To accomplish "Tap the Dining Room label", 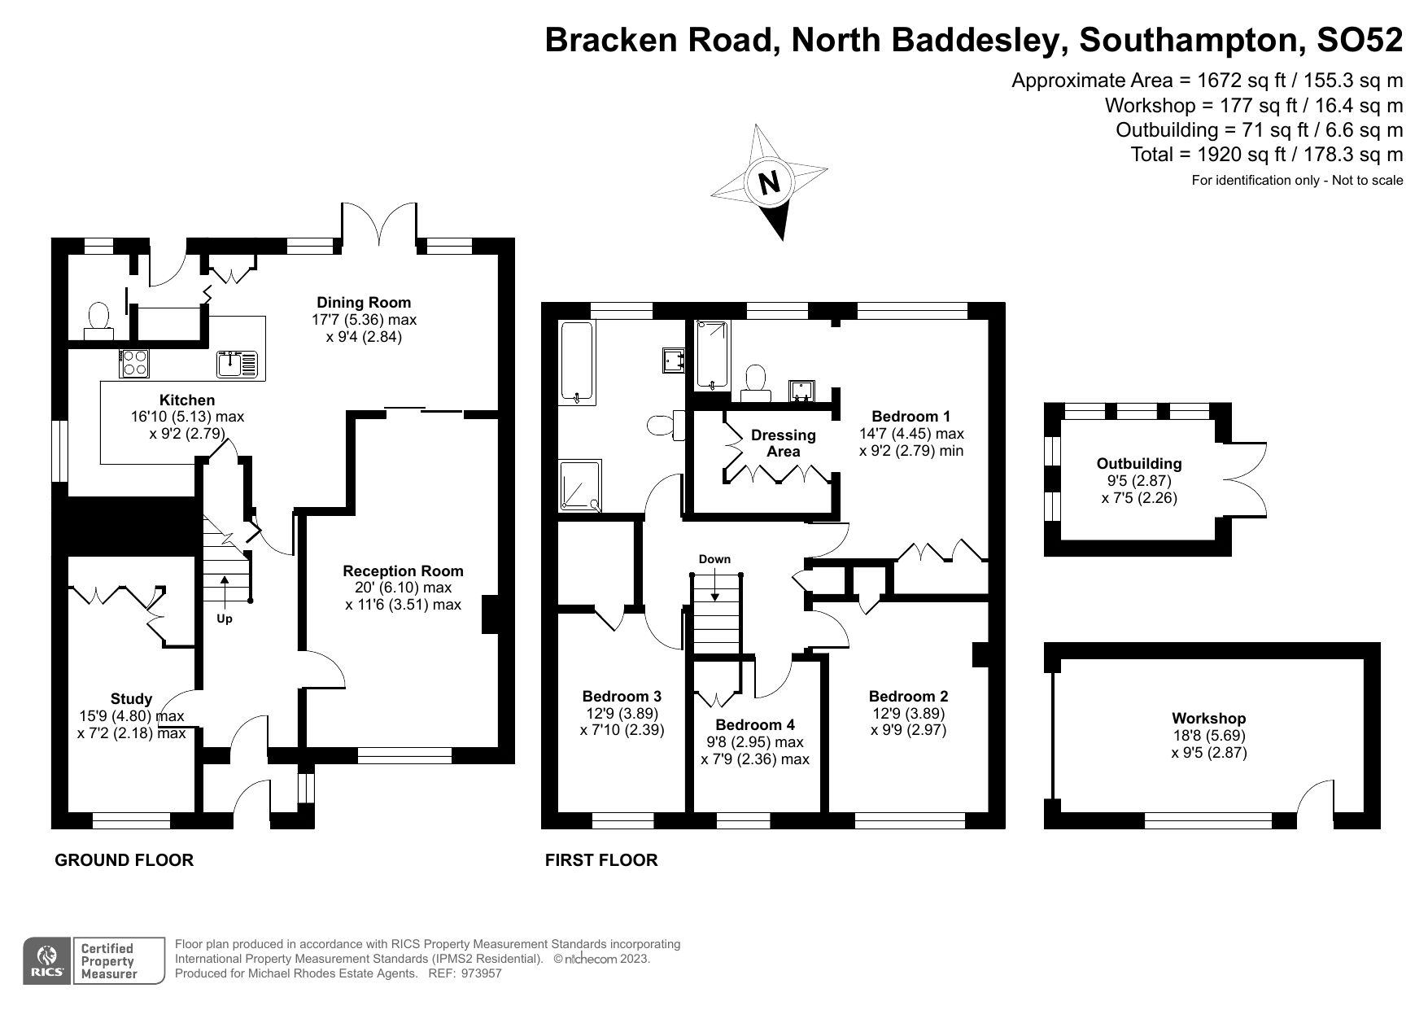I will point(364,303).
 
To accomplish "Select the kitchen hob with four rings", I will point(133,363).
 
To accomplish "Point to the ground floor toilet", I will point(99,319).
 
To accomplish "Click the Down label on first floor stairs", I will point(714,559).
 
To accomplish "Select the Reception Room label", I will point(403,571).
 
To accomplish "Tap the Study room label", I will point(131,699).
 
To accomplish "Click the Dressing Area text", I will point(783,444).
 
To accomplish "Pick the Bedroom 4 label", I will point(755,724).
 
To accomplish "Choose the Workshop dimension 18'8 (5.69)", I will point(1208,736).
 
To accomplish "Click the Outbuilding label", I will point(1138,464).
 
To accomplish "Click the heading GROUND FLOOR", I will point(124,860).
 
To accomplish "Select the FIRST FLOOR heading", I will point(600,860).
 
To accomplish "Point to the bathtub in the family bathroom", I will point(578,362).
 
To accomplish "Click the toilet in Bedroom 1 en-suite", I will point(756,383).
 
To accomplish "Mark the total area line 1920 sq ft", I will point(1266,155).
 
